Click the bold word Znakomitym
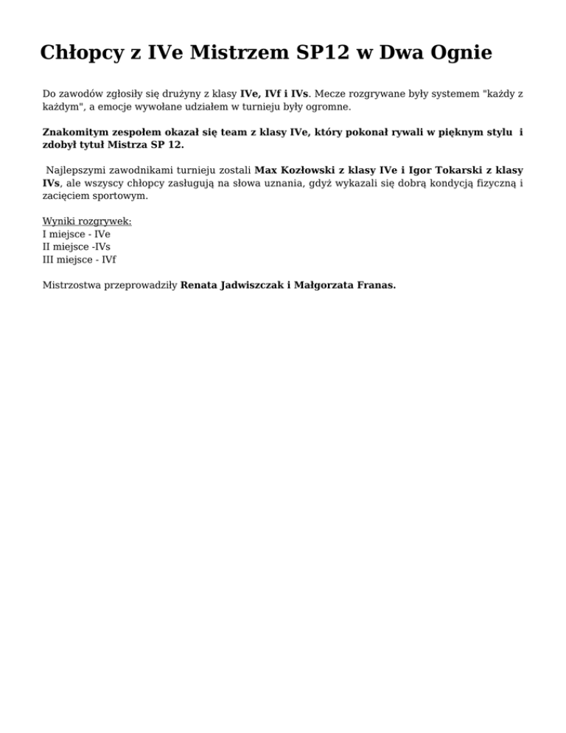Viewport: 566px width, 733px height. point(74,133)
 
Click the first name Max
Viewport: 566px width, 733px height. point(265,170)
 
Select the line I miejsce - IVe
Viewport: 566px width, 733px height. point(77,235)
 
